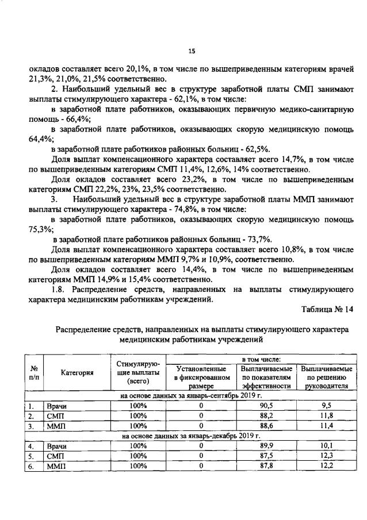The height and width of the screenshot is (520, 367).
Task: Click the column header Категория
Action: tap(77, 372)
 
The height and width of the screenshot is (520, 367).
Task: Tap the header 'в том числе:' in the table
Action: tap(264, 358)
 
